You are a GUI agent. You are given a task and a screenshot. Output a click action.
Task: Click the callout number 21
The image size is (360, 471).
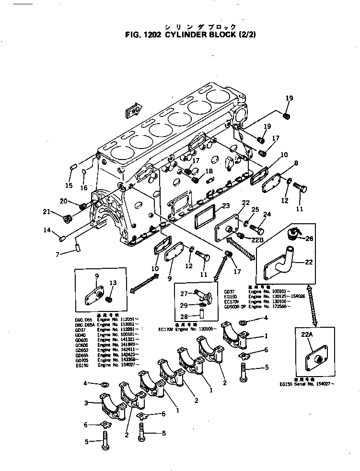coord(46,212)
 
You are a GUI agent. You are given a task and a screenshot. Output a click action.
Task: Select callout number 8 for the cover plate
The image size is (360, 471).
coord(296,163)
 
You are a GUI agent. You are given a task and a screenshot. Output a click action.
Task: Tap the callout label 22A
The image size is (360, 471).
coord(307,336)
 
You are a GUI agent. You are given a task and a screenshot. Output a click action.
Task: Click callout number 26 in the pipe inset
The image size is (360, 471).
coord(309,238)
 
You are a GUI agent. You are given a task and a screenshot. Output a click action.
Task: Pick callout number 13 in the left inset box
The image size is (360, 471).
coord(113,283)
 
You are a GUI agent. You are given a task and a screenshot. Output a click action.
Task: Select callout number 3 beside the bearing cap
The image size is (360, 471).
coord(86,403)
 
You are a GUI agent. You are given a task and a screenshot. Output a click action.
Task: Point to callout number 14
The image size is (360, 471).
coord(47,230)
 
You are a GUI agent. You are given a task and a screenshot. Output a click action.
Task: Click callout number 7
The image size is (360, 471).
coord(58,254)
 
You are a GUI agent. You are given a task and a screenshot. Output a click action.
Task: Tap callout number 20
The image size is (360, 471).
coord(63,201)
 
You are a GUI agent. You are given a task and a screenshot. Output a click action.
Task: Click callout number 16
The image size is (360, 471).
coord(84,188)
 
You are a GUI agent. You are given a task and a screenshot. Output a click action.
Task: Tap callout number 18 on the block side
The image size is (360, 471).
coord(209,171)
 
